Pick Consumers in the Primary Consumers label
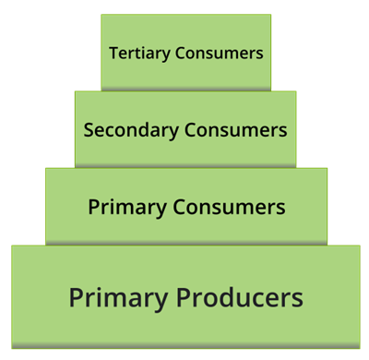226,207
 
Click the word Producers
239,298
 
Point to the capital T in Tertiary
113,53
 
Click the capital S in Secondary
89,129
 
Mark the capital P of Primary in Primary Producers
76,298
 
